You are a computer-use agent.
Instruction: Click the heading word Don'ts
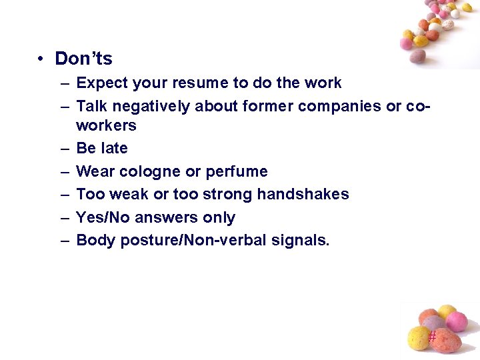[x=83, y=59]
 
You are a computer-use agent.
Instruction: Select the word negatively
[x=149, y=107]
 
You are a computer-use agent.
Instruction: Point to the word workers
[x=107, y=125]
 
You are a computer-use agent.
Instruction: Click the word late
[x=114, y=148]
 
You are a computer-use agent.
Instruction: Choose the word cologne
[x=150, y=172]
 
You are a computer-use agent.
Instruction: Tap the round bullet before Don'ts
[x=41, y=59]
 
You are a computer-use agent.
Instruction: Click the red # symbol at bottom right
[x=432, y=337]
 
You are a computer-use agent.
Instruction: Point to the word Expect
[x=101, y=83]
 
